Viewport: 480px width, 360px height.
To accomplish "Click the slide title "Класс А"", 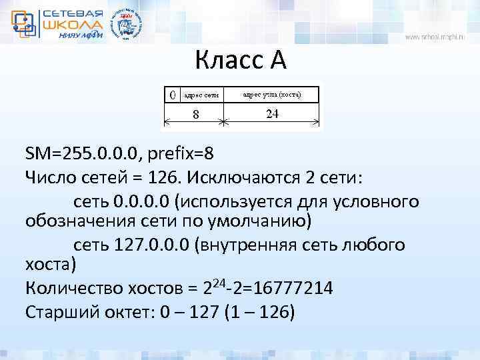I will coord(241,61).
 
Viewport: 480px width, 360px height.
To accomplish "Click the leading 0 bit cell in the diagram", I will coord(172,94).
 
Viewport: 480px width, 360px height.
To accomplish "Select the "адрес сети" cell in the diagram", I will coord(201,95).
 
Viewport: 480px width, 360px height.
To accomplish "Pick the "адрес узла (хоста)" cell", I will coord(271,94).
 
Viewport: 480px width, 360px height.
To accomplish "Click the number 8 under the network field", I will coord(195,114).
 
